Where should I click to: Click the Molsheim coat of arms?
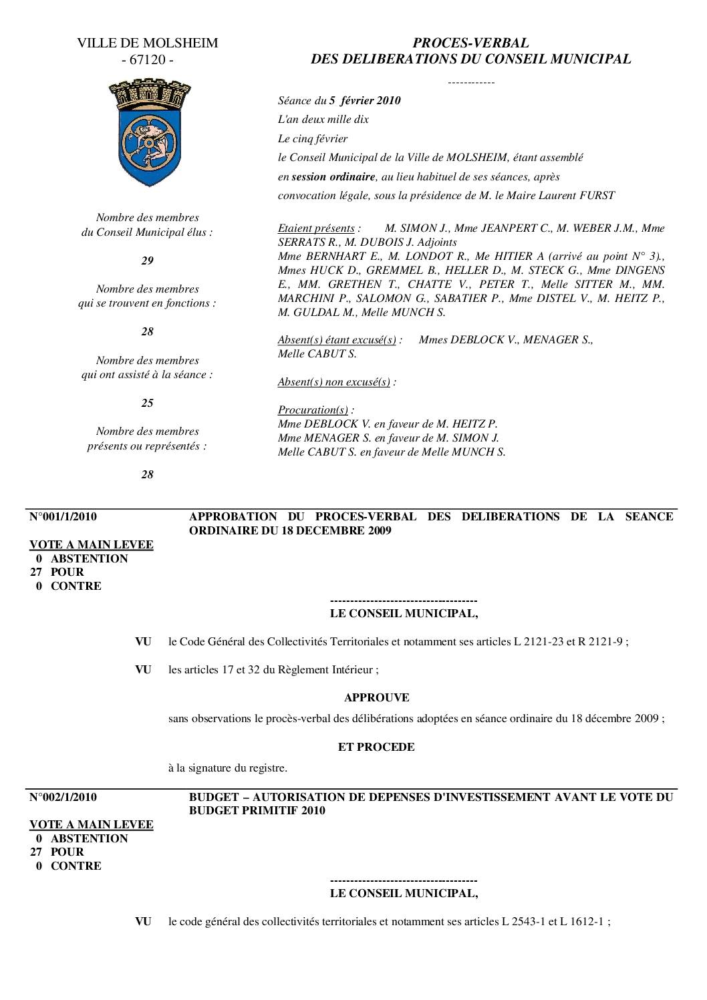click(148, 134)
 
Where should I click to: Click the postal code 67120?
click(148, 60)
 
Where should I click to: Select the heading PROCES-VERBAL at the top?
click(470, 43)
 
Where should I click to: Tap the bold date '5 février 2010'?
click(365, 101)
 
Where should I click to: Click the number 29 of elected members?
click(147, 261)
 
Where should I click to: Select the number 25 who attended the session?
click(147, 403)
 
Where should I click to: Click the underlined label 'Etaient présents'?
click(316, 228)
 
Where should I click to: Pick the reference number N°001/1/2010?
click(63, 516)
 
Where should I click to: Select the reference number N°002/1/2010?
click(63, 797)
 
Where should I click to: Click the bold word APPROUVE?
click(376, 697)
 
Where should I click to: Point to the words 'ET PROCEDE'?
click(376, 747)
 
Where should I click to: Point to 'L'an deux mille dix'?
click(323, 120)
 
